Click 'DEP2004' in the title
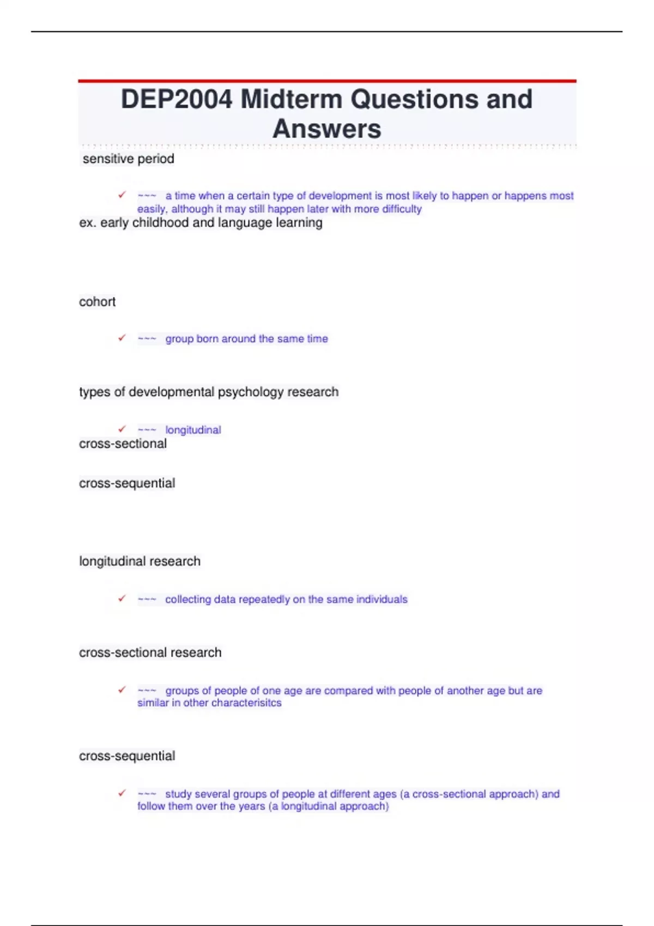coord(177,100)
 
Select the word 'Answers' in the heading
coord(326,129)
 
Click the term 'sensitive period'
coord(128,159)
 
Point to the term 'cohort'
coord(97,302)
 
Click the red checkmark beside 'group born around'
coord(122,338)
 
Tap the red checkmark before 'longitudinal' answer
coord(122,429)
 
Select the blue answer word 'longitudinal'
coord(193,430)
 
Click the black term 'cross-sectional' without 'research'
coord(123,444)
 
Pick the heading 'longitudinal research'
coord(140,562)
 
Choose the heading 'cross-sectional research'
coord(150,653)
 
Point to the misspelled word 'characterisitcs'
coord(246,703)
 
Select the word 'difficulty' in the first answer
coord(402,209)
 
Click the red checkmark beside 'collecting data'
coord(122,599)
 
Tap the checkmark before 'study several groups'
coord(122,793)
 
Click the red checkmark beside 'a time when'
coord(122,195)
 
